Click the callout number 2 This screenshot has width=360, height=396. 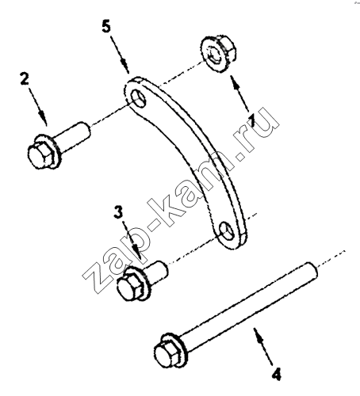[x=25, y=79]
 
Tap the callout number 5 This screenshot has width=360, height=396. [x=106, y=27]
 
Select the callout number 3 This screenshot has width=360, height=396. [x=118, y=212]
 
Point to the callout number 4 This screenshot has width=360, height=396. [x=277, y=375]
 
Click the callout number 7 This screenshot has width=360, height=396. [x=252, y=120]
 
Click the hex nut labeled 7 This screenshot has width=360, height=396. [x=217, y=54]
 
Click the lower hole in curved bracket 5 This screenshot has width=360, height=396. [x=228, y=231]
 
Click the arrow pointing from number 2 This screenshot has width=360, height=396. [x=37, y=106]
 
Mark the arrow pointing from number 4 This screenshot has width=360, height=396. [x=263, y=347]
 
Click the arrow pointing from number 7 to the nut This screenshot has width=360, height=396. [x=239, y=93]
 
